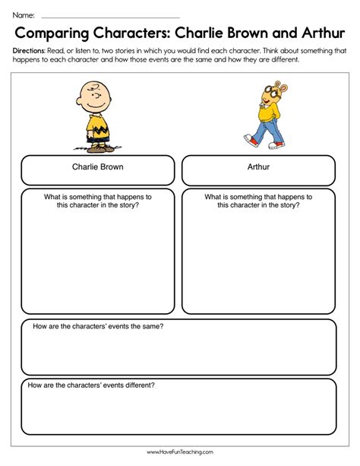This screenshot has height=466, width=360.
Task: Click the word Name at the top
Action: pyautogui.click(x=22, y=14)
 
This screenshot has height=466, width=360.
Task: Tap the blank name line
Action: pyautogui.click(x=110, y=16)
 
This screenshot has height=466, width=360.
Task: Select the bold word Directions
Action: pyautogui.click(x=30, y=50)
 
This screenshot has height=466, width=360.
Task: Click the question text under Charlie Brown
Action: pyautogui.click(x=98, y=201)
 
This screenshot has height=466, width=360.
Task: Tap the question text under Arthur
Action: pyautogui.click(x=258, y=201)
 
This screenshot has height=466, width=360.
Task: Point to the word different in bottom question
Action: pyautogui.click(x=137, y=385)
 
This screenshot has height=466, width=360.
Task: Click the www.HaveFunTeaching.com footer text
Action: pyautogui.click(x=180, y=453)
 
